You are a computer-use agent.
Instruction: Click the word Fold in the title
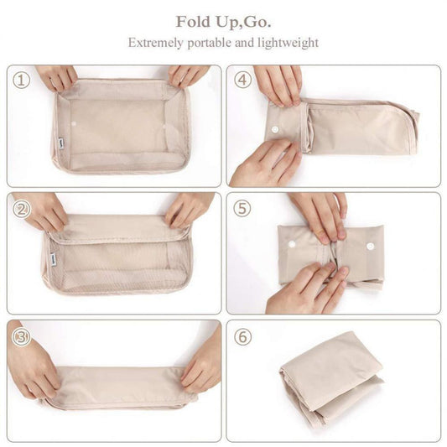click(x=193, y=20)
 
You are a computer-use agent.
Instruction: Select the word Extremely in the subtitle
click(x=156, y=42)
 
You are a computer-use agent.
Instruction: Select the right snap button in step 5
click(x=369, y=248)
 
